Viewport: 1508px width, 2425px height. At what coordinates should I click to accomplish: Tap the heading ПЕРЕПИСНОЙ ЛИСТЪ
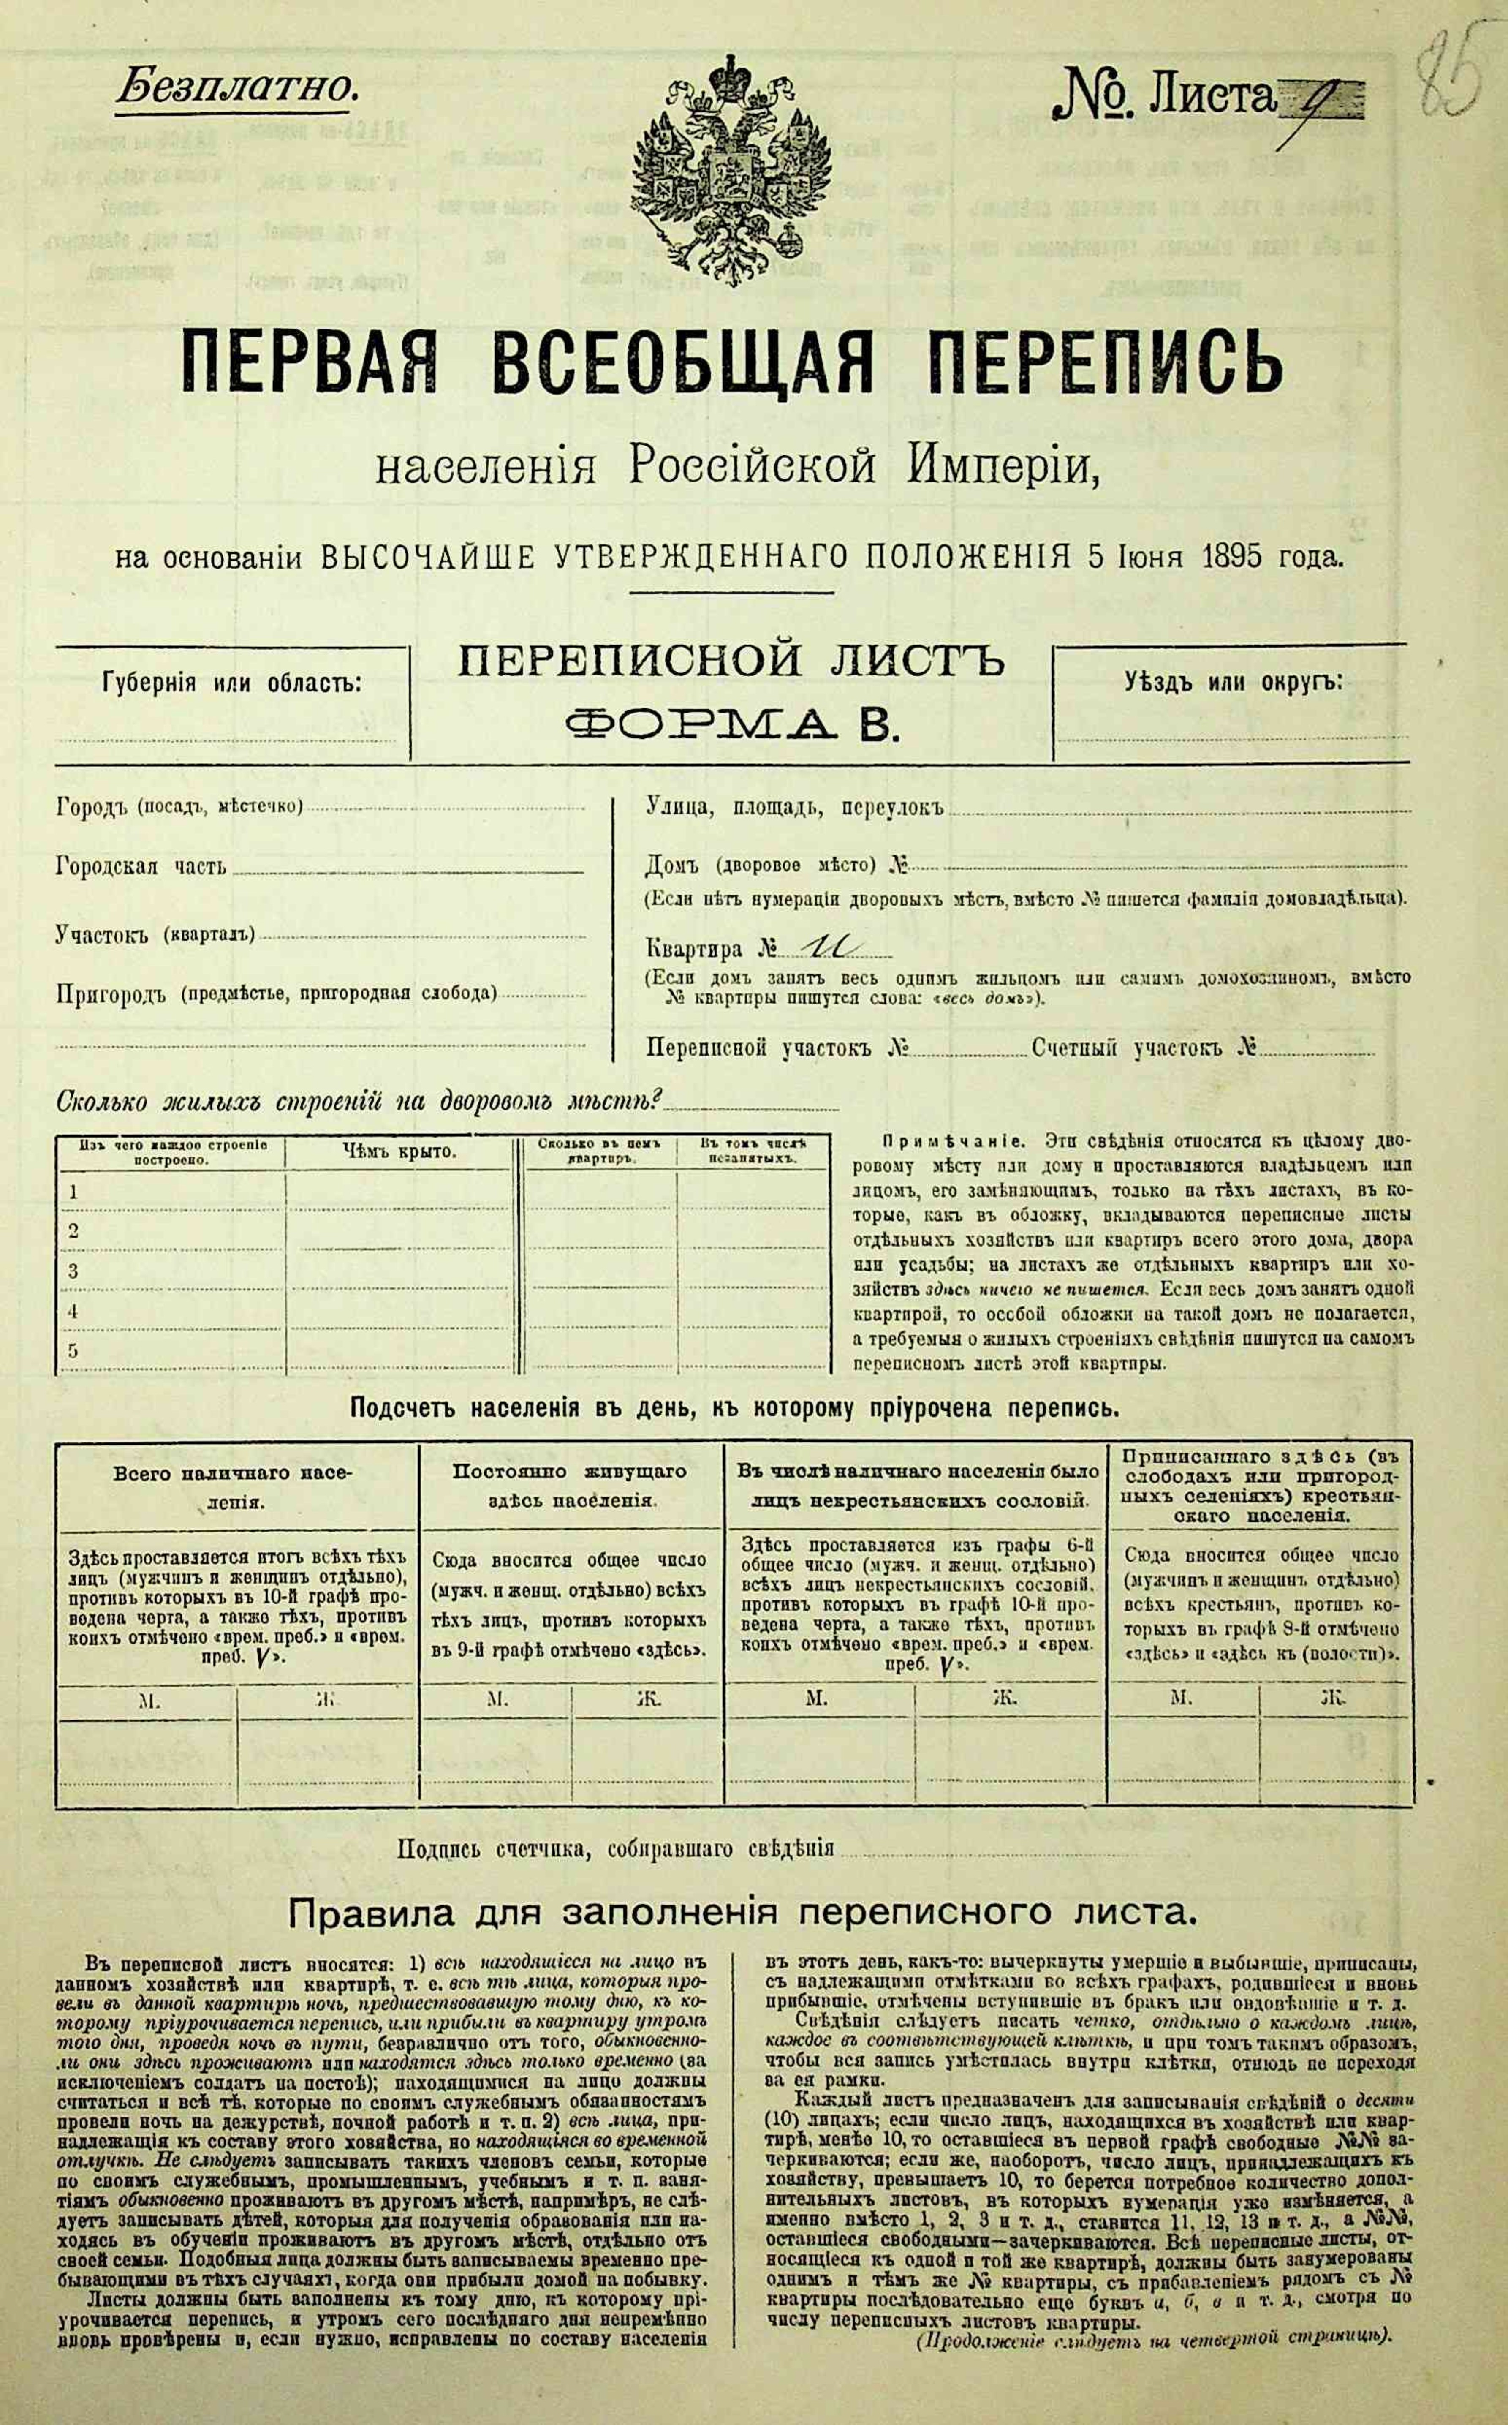731,661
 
